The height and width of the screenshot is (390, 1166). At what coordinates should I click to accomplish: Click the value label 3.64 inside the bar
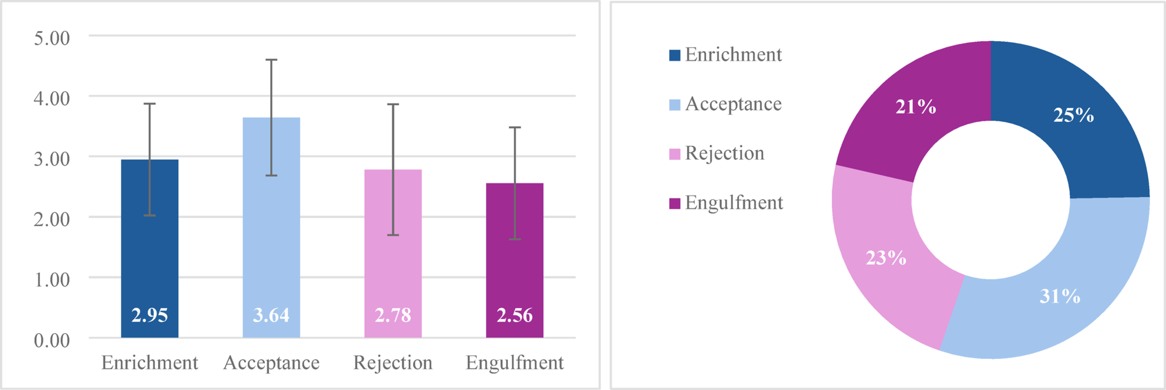pos(271,315)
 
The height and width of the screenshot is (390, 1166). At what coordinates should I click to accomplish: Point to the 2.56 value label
pos(515,315)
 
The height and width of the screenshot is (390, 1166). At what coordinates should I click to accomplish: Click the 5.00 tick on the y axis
pos(52,38)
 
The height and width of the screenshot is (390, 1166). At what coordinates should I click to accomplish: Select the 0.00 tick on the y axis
pos(52,340)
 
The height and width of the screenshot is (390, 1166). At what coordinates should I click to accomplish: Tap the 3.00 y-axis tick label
pos(52,158)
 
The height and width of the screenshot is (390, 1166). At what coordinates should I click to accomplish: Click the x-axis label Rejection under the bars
pos(393,363)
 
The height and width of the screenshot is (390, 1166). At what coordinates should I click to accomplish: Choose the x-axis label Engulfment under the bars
pos(515,363)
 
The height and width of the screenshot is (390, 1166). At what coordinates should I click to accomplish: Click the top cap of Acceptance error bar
pos(271,60)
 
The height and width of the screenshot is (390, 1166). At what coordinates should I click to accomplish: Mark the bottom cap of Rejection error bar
pos(393,235)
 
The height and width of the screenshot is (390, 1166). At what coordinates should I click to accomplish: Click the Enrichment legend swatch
pos(675,55)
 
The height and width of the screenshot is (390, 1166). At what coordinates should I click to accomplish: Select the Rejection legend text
pos(724,153)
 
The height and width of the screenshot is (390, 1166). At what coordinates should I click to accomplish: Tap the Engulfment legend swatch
pos(675,203)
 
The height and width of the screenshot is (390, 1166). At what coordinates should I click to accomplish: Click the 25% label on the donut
pos(1074,115)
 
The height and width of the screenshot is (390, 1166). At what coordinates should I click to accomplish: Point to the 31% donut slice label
pos(1060,297)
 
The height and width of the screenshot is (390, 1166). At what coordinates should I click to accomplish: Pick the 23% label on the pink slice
pos(886,258)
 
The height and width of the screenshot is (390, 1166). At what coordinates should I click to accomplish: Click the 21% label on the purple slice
pos(916,107)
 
